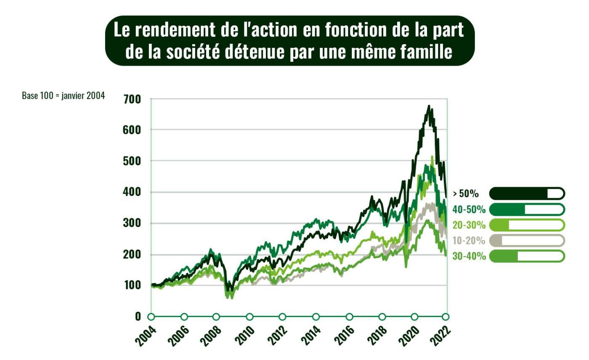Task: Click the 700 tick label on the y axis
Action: click(x=132, y=100)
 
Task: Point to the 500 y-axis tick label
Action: click(x=132, y=161)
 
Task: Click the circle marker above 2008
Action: click(x=216, y=317)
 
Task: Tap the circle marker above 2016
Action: click(x=349, y=317)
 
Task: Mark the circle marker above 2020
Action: click(x=415, y=317)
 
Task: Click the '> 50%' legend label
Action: click(x=466, y=194)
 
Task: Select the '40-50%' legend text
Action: click(x=469, y=209)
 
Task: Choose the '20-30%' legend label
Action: click(x=469, y=225)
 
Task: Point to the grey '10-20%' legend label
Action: click(x=469, y=241)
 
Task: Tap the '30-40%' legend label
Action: click(x=469, y=256)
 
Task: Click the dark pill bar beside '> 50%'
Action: click(x=527, y=193)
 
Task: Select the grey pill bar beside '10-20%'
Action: click(x=527, y=240)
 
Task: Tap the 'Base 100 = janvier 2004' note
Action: click(x=63, y=96)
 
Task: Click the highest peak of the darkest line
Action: click(x=429, y=106)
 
